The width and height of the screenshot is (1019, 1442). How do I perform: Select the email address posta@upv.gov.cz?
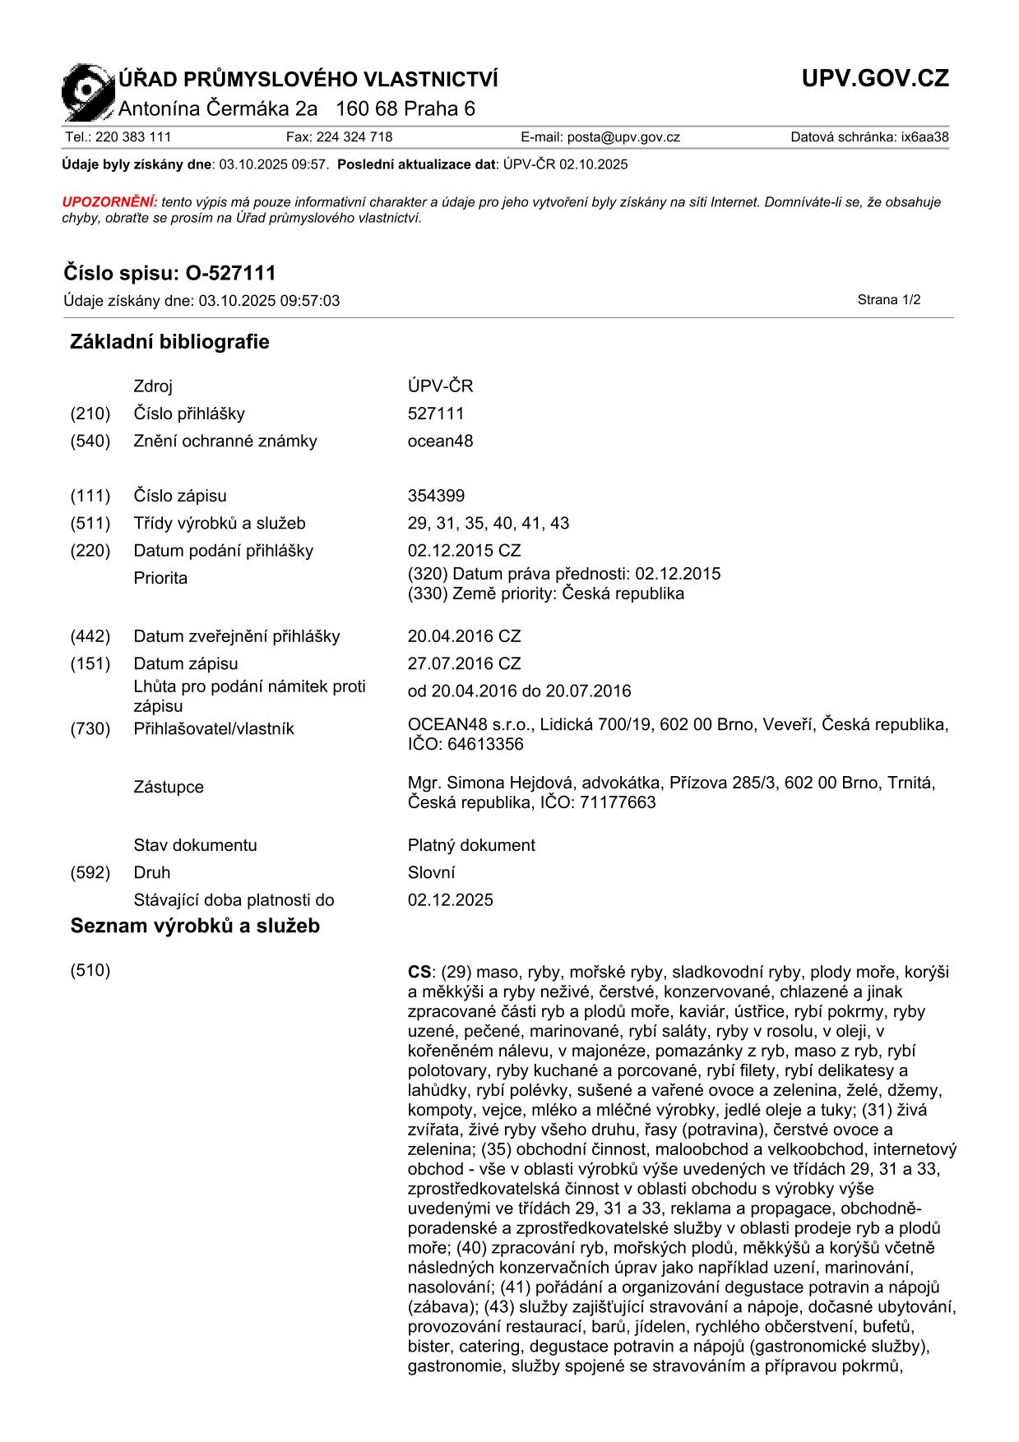point(623,137)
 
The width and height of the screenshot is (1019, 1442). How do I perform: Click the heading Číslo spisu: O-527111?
point(169,273)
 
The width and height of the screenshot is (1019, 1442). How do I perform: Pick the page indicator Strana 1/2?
point(888,300)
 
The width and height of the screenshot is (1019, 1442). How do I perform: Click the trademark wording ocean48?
point(440,441)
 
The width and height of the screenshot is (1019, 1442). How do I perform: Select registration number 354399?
point(436,496)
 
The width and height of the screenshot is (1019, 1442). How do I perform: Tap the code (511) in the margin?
point(90,523)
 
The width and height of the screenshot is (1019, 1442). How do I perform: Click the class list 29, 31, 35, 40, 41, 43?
point(489,523)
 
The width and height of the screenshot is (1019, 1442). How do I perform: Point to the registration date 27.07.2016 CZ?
point(464,663)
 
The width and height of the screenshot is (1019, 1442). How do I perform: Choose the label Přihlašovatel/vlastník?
point(214,728)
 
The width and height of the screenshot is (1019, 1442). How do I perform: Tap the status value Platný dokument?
point(471,845)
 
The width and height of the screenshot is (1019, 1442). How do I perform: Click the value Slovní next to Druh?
point(431,872)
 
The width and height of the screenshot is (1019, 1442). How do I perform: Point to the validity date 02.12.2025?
point(451,899)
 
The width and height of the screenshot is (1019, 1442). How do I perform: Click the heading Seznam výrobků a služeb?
point(195,927)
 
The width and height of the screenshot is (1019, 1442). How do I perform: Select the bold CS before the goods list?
point(419,973)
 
